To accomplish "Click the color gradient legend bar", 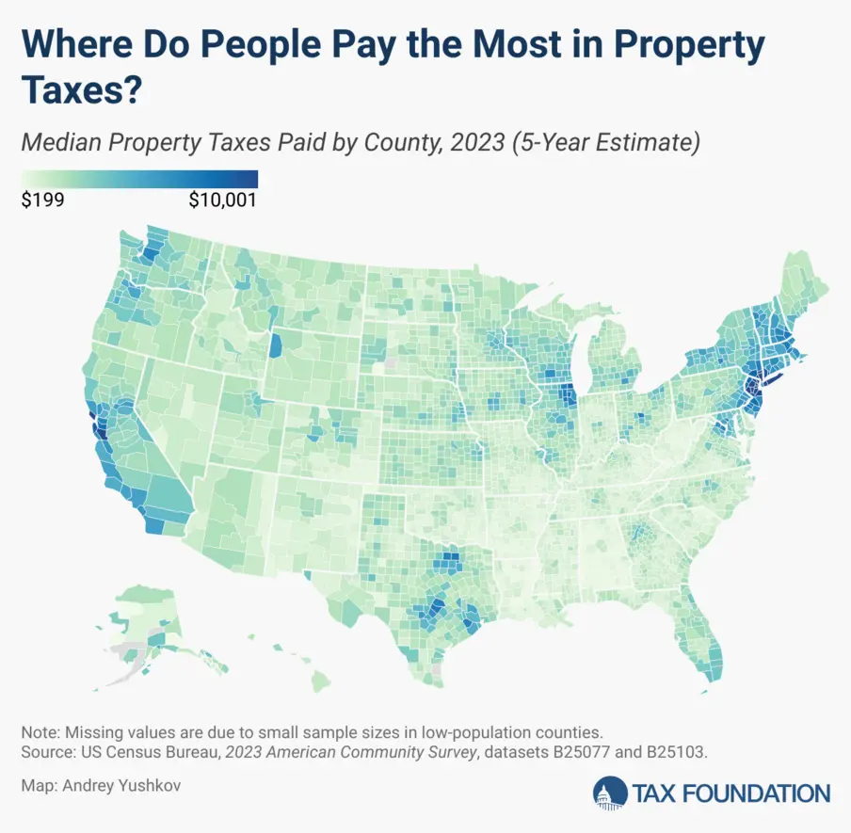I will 139,178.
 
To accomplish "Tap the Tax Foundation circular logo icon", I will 610,793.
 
